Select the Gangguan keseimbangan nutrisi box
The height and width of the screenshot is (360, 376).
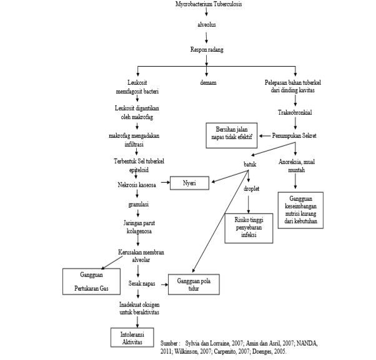[301, 208]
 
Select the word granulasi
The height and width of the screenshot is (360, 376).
[134, 204]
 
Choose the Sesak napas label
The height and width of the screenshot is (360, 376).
[142, 283]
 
